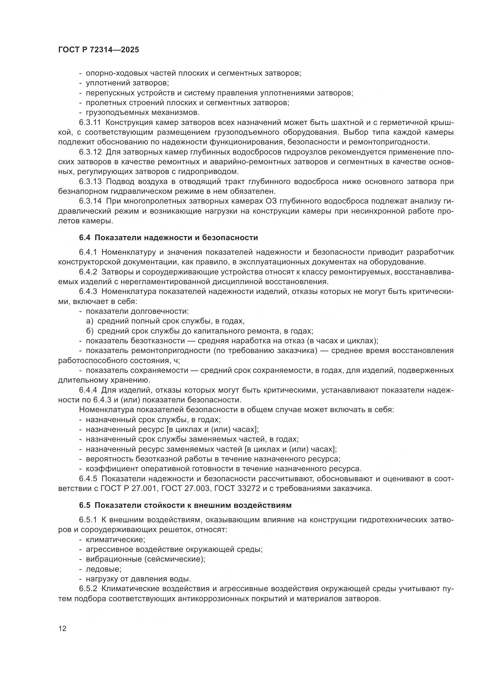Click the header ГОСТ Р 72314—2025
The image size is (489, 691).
98,50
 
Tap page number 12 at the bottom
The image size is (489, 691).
62,628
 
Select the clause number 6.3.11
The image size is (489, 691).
90,123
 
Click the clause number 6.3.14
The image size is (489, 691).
90,201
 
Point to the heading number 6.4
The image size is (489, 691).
85,238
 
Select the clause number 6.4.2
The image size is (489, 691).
88,272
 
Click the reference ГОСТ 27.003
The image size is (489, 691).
185,488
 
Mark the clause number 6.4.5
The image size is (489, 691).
88,479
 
